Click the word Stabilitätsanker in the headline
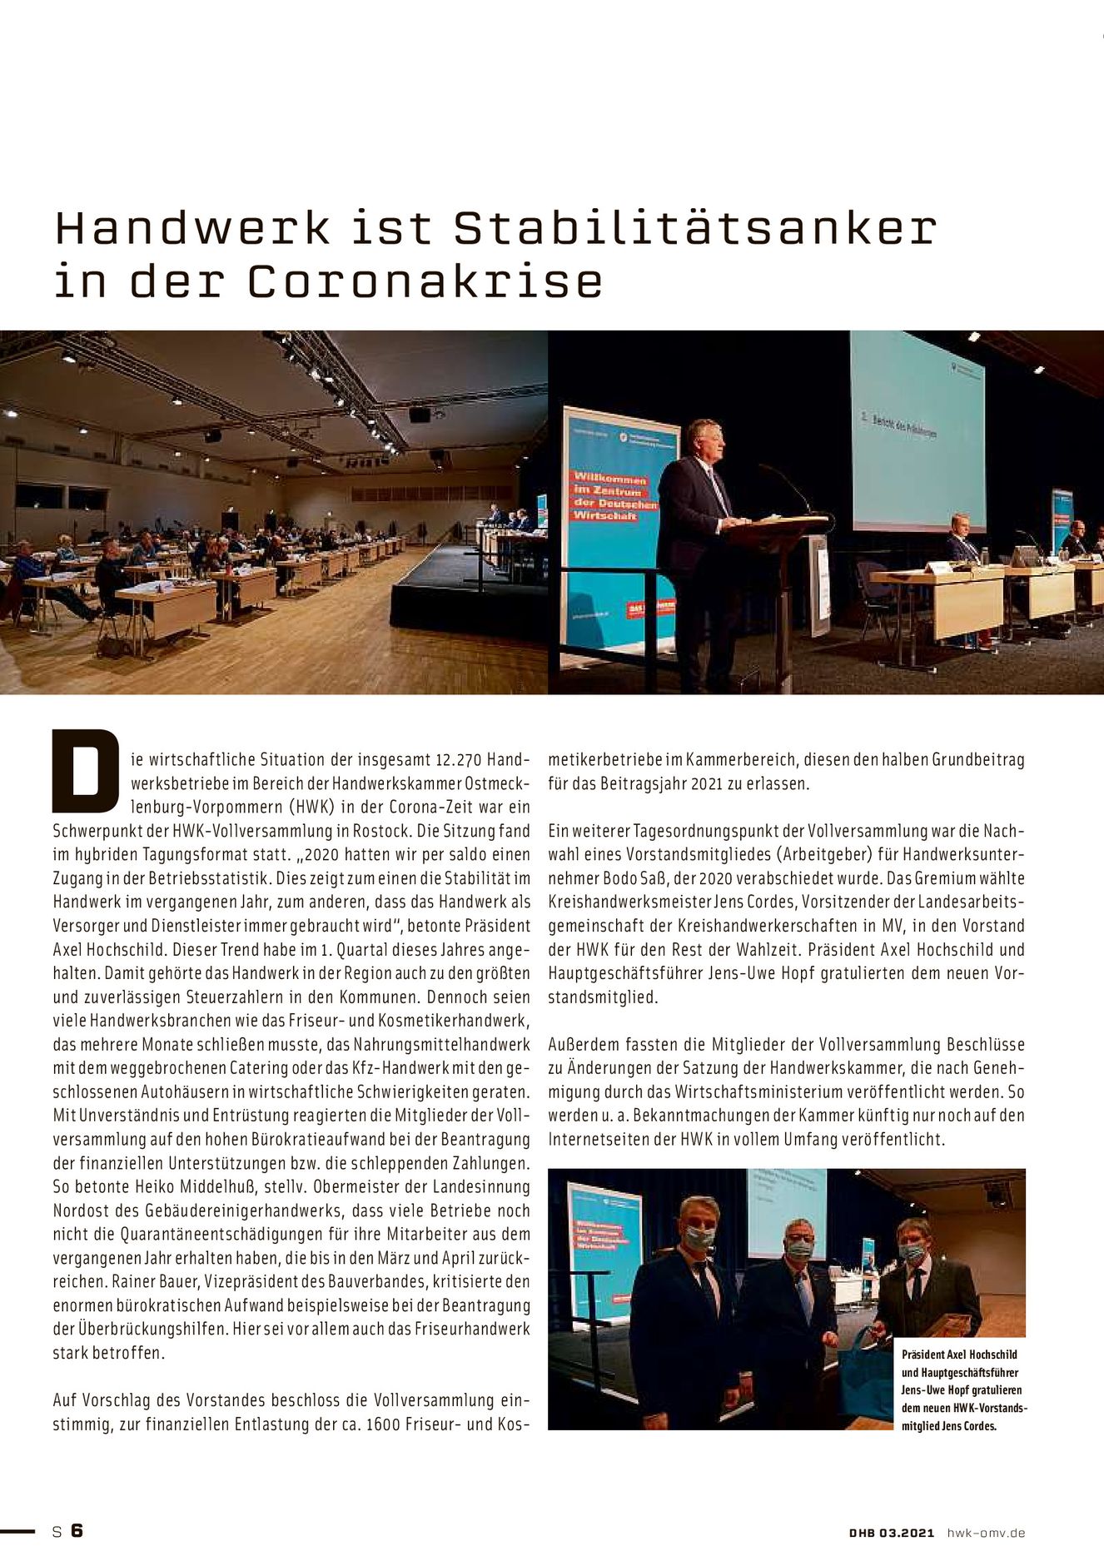pyautogui.click(x=695, y=228)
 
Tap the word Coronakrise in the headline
pyautogui.click(x=425, y=281)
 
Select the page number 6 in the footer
pyautogui.click(x=77, y=1530)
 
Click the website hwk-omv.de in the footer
pyautogui.click(x=986, y=1533)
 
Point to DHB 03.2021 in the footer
pyautogui.click(x=892, y=1533)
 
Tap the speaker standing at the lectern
pyautogui.click(x=695, y=533)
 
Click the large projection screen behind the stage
pyautogui.click(x=916, y=433)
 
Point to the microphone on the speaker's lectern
pyautogui.click(x=787, y=485)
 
